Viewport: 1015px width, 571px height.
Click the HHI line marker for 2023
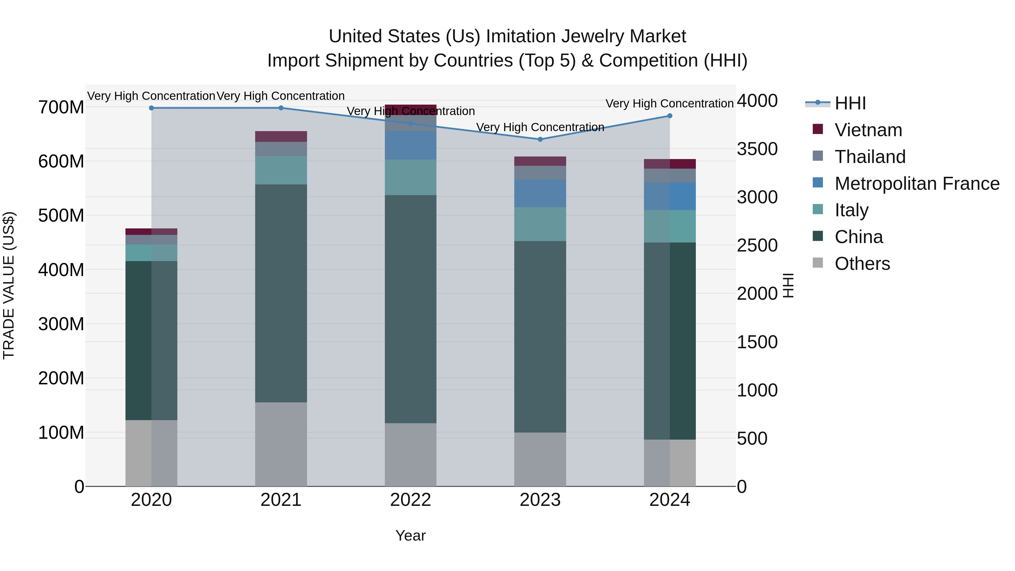540,139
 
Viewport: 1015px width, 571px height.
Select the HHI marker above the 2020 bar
151,108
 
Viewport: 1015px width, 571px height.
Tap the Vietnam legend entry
868,130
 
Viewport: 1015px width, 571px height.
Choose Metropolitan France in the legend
917,184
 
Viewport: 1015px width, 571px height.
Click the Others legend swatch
818,263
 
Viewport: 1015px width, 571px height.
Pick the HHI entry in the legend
850,103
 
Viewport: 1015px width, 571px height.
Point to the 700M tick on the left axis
61,107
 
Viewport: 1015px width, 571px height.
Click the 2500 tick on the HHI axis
757,246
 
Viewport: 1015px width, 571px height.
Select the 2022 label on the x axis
410,500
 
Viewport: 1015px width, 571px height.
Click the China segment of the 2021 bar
281,293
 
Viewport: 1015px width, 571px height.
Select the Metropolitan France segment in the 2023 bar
540,193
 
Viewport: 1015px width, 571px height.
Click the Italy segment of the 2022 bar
411,177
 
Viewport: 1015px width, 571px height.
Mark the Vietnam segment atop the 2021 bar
281,136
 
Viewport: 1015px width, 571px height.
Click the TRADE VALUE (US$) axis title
9,285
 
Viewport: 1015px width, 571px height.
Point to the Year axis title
410,535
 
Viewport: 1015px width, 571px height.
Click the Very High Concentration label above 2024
669,104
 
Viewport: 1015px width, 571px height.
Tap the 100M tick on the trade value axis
61,433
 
